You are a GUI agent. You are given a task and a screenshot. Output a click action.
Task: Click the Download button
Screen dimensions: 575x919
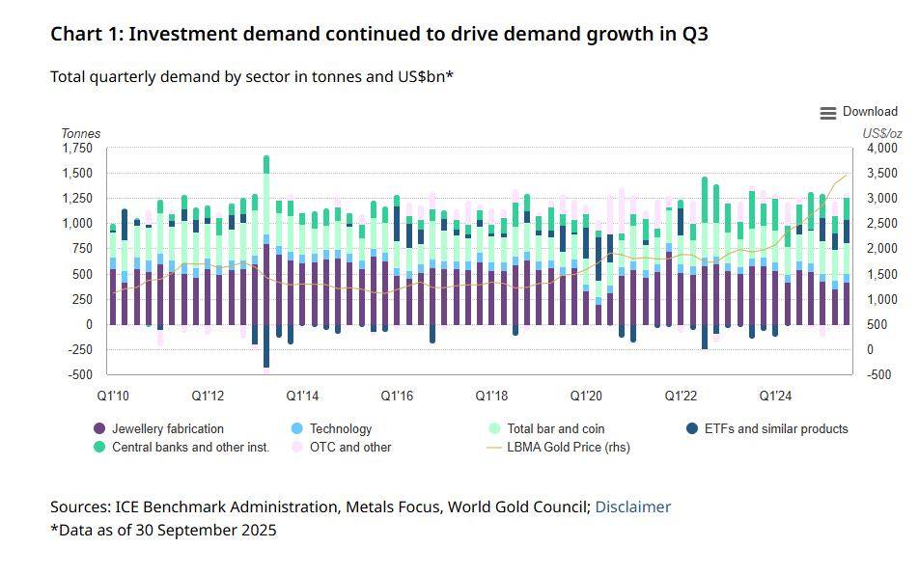point(858,112)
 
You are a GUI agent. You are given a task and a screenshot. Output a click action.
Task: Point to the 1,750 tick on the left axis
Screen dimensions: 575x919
point(77,149)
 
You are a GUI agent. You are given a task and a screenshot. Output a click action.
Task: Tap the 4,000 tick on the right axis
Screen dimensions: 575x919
point(882,149)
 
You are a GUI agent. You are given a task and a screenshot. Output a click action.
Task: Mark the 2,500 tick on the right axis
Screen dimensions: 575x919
point(882,224)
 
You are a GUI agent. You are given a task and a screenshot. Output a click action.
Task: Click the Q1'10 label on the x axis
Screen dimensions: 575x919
point(113,396)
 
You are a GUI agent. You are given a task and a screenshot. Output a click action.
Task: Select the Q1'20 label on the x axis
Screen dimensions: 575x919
point(586,396)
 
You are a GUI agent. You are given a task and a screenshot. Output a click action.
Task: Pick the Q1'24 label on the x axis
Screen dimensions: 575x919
point(776,396)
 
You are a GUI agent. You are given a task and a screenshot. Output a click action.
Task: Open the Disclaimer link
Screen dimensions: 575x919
point(632,507)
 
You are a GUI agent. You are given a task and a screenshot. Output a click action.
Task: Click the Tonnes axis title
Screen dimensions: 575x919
point(81,133)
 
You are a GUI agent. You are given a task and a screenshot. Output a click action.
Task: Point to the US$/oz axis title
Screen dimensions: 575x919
point(882,133)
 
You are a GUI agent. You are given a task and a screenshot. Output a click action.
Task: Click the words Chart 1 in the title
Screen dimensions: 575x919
point(86,34)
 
